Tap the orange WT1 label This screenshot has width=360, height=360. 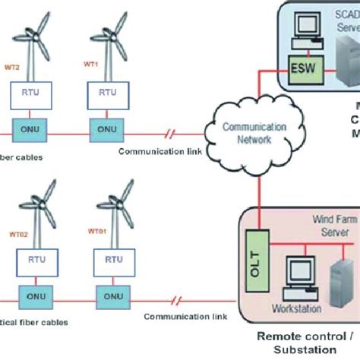tap(91, 65)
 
